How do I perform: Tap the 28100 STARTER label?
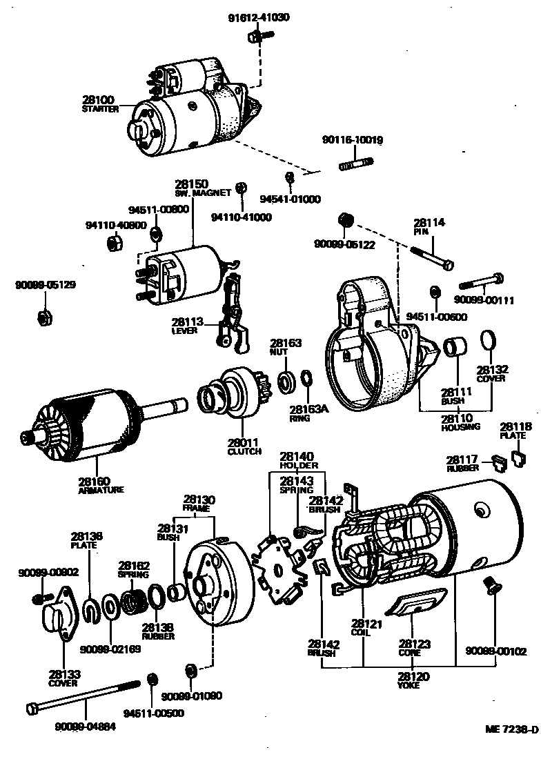tap(100, 104)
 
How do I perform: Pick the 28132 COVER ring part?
tap(488, 340)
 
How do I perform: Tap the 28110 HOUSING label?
tap(456, 422)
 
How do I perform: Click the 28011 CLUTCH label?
tap(245, 446)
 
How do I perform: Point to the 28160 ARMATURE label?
tap(101, 484)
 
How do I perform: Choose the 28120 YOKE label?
tap(413, 680)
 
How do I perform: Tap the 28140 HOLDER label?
tap(297, 461)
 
